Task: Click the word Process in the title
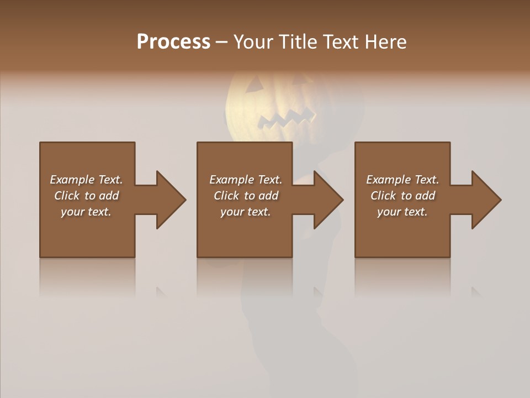[173, 42]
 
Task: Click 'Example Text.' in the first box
[87, 180]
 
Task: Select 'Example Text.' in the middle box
[246, 180]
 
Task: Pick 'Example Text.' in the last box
[402, 180]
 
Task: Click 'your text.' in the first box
[86, 212]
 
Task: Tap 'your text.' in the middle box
[246, 212]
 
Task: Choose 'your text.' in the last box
[402, 212]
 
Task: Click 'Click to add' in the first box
[87, 196]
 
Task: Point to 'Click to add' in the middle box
[246, 196]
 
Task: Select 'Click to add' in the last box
[402, 196]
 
